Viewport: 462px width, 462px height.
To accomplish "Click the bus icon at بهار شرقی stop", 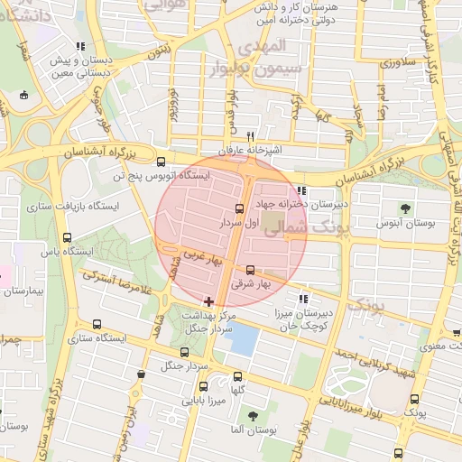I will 250,269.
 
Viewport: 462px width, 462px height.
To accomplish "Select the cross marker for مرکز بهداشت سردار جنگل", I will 209,300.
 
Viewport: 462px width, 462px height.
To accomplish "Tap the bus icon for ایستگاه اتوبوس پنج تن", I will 161,163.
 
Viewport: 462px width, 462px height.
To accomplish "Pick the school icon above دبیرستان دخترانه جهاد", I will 300,190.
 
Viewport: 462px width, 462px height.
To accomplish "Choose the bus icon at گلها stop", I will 238,376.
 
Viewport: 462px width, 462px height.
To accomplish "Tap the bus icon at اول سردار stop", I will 239,208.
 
